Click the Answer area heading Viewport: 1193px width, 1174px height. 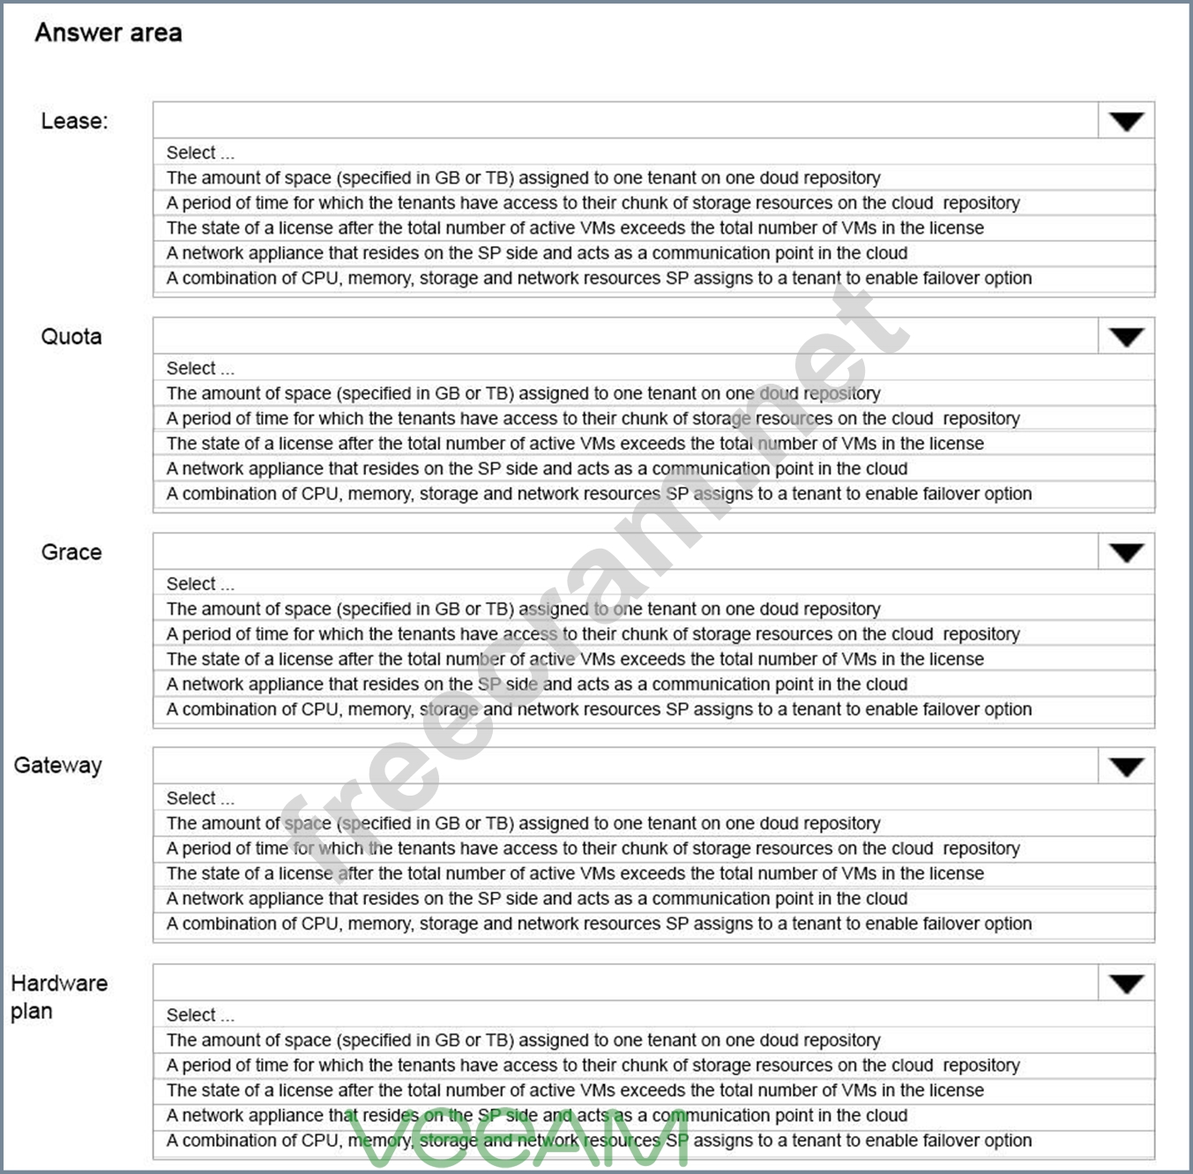108,33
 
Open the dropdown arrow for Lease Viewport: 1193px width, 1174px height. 1126,122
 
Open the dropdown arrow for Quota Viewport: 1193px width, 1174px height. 1126,337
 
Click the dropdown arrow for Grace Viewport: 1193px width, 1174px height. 1126,553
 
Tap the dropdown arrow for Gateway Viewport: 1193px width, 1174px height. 1126,767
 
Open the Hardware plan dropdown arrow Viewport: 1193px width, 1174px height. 1126,984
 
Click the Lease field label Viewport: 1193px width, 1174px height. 74,121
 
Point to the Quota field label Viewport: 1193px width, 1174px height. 71,336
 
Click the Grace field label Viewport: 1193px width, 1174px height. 71,552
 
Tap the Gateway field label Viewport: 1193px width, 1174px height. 58,766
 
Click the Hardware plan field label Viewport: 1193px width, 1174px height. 58,997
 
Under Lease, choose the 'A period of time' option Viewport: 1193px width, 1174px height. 593,203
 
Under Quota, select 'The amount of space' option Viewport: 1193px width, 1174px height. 523,393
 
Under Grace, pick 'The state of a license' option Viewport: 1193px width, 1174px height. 575,659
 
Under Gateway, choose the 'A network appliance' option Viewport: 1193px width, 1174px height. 536,899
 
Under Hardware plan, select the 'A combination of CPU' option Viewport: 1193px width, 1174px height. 599,1140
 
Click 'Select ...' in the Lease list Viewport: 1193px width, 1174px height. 200,153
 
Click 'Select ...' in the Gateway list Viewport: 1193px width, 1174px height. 200,798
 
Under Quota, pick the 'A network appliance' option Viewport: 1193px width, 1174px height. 536,468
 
